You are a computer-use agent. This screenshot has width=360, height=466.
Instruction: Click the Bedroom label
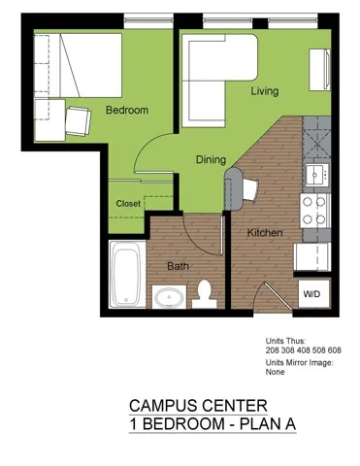(126, 111)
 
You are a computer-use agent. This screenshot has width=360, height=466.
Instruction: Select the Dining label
(211, 160)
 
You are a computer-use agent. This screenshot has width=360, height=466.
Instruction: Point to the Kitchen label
(264, 233)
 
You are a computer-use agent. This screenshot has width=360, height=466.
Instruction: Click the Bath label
(178, 265)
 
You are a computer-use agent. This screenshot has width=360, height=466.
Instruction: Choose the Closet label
(128, 204)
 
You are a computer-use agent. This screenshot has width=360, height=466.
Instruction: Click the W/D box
(311, 292)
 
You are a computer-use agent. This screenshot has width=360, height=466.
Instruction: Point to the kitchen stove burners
(314, 211)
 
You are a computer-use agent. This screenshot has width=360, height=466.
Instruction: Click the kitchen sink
(315, 174)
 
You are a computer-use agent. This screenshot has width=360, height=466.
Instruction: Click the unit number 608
(332, 350)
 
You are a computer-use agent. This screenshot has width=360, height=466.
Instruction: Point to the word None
(276, 372)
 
